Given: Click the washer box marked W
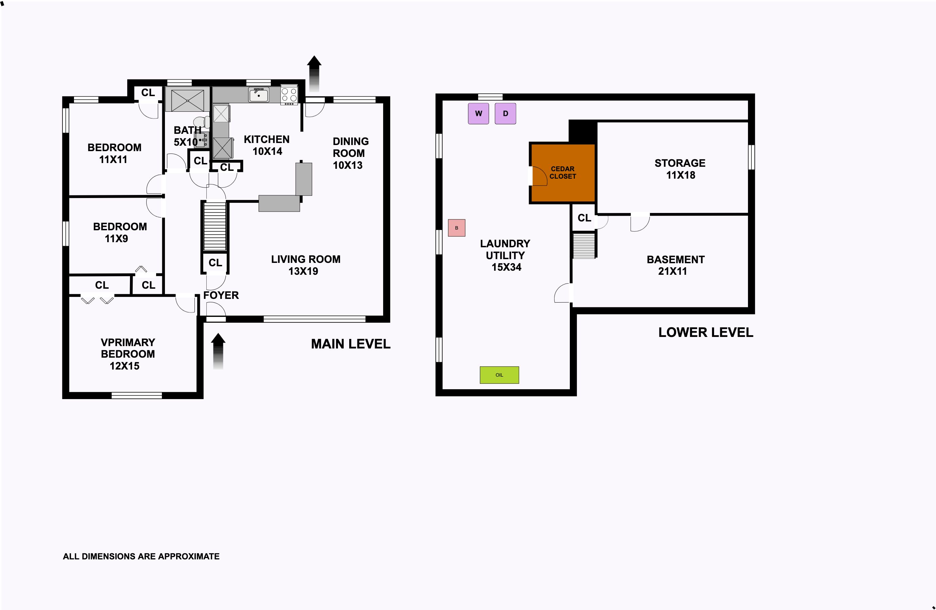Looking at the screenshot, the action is tap(478, 113).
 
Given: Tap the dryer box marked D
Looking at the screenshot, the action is tap(505, 113).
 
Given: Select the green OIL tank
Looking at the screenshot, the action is tap(499, 375).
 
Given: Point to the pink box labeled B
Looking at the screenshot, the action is tap(456, 228).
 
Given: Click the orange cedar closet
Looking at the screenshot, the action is tap(563, 173).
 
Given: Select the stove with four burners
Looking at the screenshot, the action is tap(289, 95).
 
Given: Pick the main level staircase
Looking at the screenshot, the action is tap(215, 226).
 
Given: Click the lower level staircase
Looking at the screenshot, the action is tap(584, 245).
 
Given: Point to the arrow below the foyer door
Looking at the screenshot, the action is tap(218, 352).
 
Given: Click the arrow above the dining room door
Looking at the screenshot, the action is tap(314, 74).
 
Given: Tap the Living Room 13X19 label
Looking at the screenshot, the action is tap(305, 265).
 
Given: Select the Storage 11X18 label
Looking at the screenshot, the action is tap(680, 169).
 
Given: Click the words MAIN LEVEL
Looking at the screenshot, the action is tap(351, 344).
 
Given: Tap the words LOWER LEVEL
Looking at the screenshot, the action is tap(706, 332).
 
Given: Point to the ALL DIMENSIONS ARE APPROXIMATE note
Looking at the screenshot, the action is tap(141, 556).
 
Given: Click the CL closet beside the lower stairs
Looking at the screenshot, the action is tap(584, 218).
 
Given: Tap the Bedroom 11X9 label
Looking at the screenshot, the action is tap(120, 232).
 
